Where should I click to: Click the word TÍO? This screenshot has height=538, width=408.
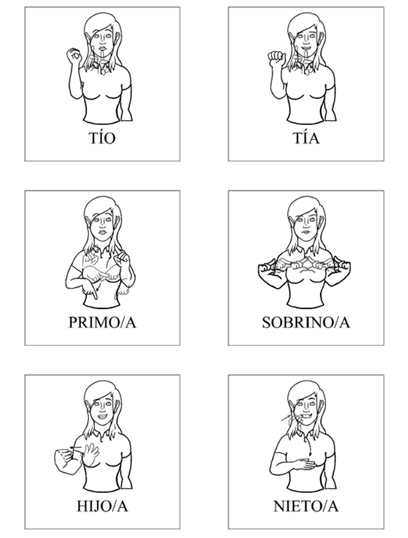point(102,138)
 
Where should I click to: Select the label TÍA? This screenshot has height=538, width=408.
point(306,138)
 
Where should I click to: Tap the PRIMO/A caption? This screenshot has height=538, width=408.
point(102,322)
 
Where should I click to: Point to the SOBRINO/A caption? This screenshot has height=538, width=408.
point(306,322)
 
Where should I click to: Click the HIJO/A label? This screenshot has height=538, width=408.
point(102,507)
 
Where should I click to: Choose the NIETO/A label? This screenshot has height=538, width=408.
point(306,507)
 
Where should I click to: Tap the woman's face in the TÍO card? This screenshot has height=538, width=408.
point(103,40)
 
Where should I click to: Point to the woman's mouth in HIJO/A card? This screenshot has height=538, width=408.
point(103,417)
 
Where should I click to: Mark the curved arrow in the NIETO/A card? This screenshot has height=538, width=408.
point(309,447)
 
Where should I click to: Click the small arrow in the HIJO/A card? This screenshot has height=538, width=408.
point(76,447)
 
